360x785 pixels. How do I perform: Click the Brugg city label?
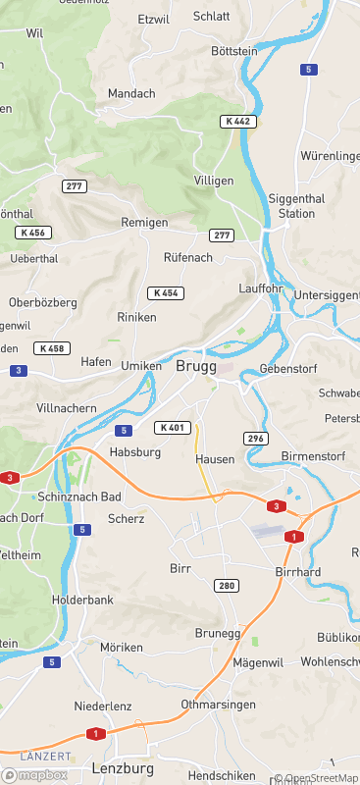(x=196, y=366)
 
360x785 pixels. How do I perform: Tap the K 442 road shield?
(x=237, y=121)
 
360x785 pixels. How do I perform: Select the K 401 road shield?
(x=172, y=427)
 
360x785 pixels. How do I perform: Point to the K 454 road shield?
(x=165, y=293)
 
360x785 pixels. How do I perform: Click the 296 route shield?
(x=257, y=438)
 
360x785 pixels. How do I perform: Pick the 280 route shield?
(x=227, y=586)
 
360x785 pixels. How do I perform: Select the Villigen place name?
(x=214, y=181)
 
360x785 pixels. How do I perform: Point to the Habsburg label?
(x=134, y=452)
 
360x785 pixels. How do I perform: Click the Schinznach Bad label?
(x=79, y=497)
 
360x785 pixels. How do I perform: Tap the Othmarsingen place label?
(x=218, y=705)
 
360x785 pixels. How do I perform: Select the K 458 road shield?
(x=51, y=348)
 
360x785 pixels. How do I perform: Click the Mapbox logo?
(x=35, y=774)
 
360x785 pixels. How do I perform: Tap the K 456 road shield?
(x=33, y=233)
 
